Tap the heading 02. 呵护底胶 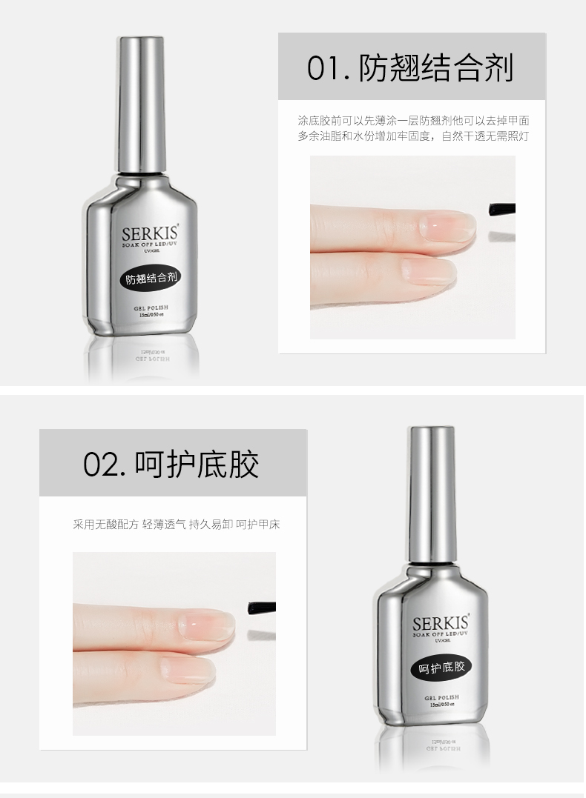coord(171,464)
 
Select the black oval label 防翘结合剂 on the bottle coord(150,279)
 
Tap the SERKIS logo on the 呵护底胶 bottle coord(441,622)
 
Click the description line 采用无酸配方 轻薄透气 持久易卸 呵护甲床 coord(177,525)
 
